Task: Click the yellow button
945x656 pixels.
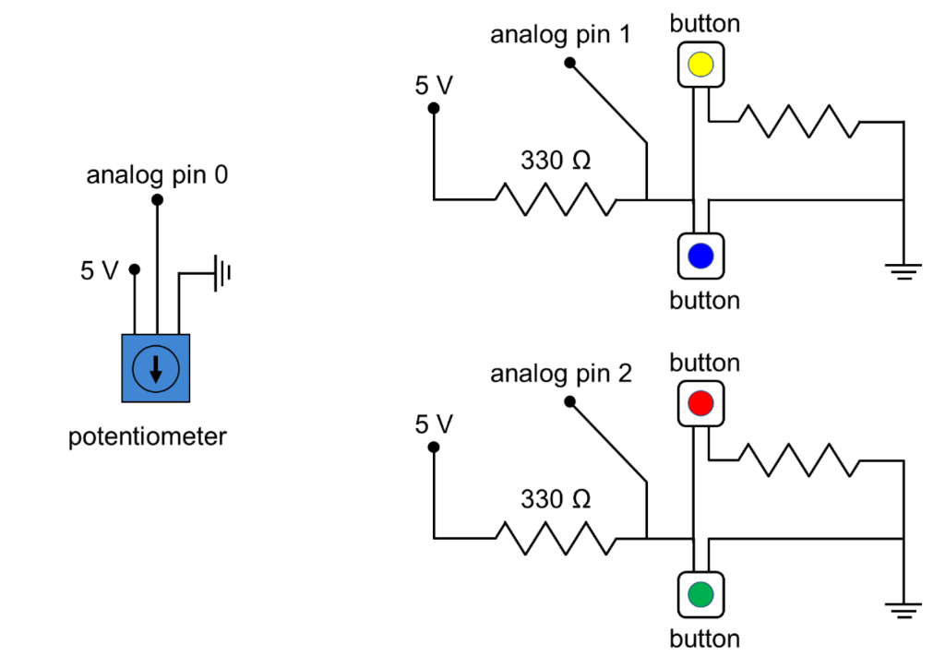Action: tap(700, 65)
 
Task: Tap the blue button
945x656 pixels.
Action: tap(700, 256)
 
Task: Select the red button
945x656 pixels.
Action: tap(700, 403)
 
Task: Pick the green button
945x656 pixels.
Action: tap(700, 594)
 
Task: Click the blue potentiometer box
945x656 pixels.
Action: tap(156, 368)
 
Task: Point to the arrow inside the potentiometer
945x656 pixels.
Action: tap(156, 369)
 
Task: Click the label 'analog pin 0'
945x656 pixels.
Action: tap(157, 175)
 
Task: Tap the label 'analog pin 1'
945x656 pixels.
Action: tap(561, 35)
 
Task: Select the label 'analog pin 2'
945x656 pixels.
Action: tap(561, 374)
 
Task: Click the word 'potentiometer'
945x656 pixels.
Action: tap(148, 436)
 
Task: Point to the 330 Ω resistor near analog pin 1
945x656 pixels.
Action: tap(556, 198)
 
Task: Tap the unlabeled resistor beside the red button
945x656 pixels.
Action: tap(799, 459)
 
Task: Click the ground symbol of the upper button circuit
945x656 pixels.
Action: tap(903, 270)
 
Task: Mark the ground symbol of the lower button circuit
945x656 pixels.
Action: tap(903, 609)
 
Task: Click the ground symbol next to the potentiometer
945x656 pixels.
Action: tap(221, 273)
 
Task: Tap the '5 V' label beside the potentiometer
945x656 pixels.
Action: tap(100, 270)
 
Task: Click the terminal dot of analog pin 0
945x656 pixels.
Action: tap(157, 199)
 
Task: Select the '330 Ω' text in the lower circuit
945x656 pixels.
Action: tap(556, 499)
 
